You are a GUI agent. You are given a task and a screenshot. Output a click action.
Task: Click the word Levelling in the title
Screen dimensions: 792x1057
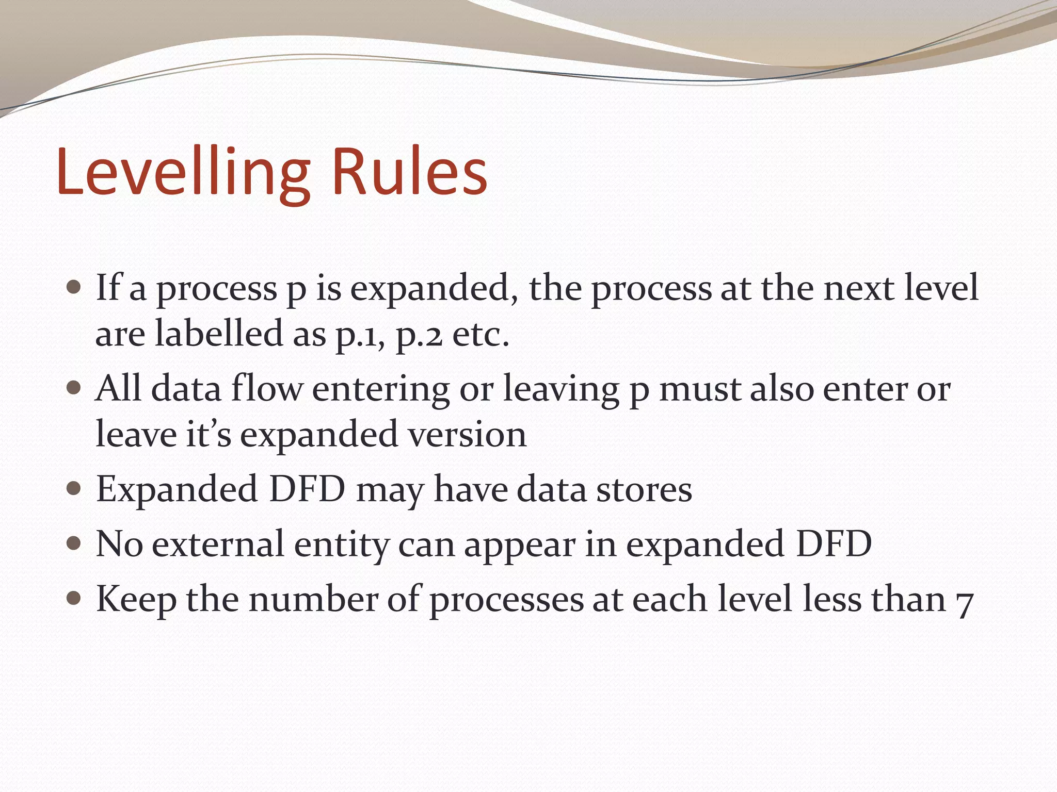[183, 173]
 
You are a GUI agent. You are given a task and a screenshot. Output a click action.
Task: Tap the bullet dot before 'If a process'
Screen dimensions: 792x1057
[74, 287]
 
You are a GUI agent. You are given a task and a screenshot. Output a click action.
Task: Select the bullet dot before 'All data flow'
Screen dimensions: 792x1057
[74, 387]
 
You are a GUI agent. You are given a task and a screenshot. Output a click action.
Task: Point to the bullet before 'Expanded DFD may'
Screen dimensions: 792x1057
[74, 488]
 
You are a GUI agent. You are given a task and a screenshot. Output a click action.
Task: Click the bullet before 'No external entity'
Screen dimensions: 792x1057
[74, 543]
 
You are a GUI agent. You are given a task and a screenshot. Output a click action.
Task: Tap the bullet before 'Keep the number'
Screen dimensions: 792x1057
[74, 598]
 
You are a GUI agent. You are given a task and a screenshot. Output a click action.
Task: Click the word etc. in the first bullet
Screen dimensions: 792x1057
[481, 334]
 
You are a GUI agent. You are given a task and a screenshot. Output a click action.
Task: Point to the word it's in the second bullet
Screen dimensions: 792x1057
[208, 434]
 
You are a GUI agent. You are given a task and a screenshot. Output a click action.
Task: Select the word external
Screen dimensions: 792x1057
[218, 544]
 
